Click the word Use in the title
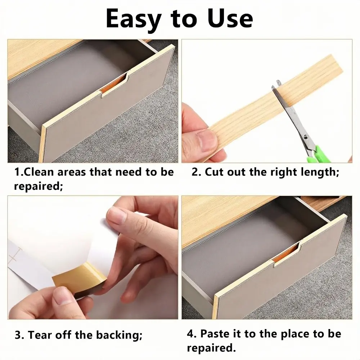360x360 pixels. (x=230, y=18)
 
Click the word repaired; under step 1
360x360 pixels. (x=39, y=186)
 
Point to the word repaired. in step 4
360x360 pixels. (x=211, y=348)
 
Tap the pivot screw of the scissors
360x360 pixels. (x=306, y=137)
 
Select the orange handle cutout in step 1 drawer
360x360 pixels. (x=114, y=85)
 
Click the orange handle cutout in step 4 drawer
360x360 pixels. (x=286, y=255)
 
